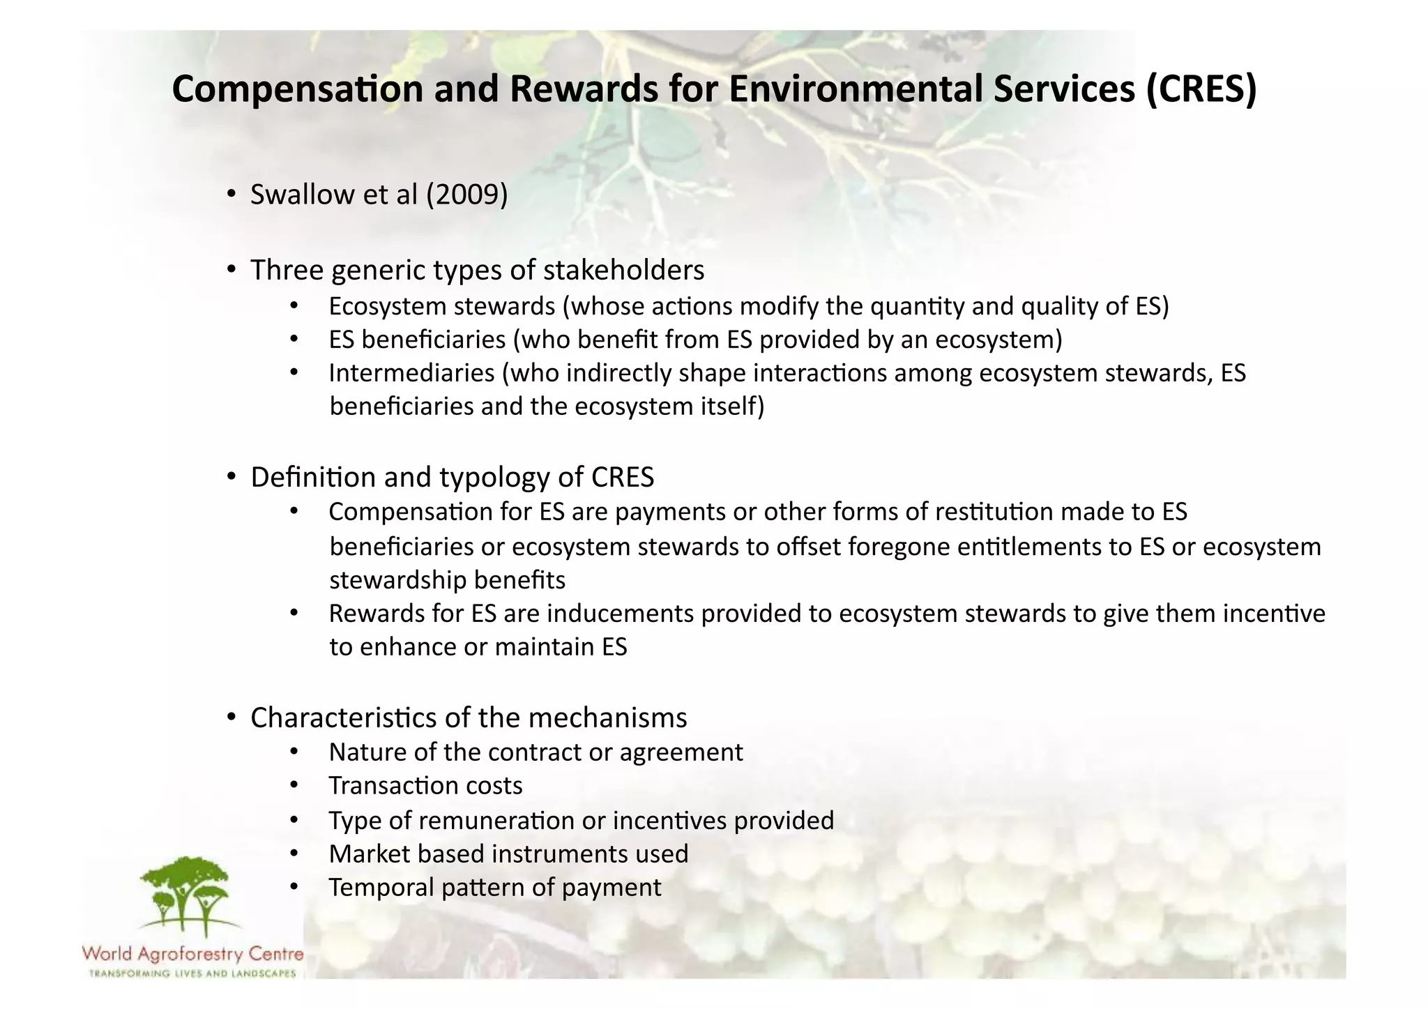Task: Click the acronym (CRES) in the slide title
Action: pos(1201,89)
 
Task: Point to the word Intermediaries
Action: pos(411,373)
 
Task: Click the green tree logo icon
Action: pos(185,897)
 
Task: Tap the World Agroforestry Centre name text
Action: pos(192,953)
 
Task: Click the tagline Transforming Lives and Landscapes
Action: pos(192,973)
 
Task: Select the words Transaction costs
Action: pos(425,786)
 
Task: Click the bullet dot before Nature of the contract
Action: pos(294,752)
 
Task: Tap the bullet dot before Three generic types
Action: pos(231,270)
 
